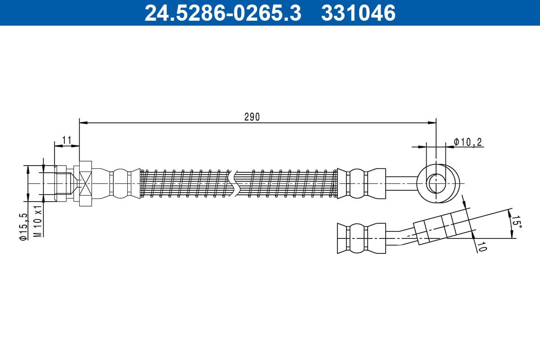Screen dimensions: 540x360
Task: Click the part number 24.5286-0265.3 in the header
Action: click(223, 13)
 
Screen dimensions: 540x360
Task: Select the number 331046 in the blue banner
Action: click(359, 13)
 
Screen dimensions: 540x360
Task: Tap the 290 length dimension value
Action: click(252, 117)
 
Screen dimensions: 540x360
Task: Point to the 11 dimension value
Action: click(67, 140)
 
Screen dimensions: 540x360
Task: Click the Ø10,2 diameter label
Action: click(468, 142)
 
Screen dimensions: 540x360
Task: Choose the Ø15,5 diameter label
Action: click(23, 227)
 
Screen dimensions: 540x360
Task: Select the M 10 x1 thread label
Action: click(38, 220)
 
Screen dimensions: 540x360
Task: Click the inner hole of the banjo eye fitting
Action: click(436, 184)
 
